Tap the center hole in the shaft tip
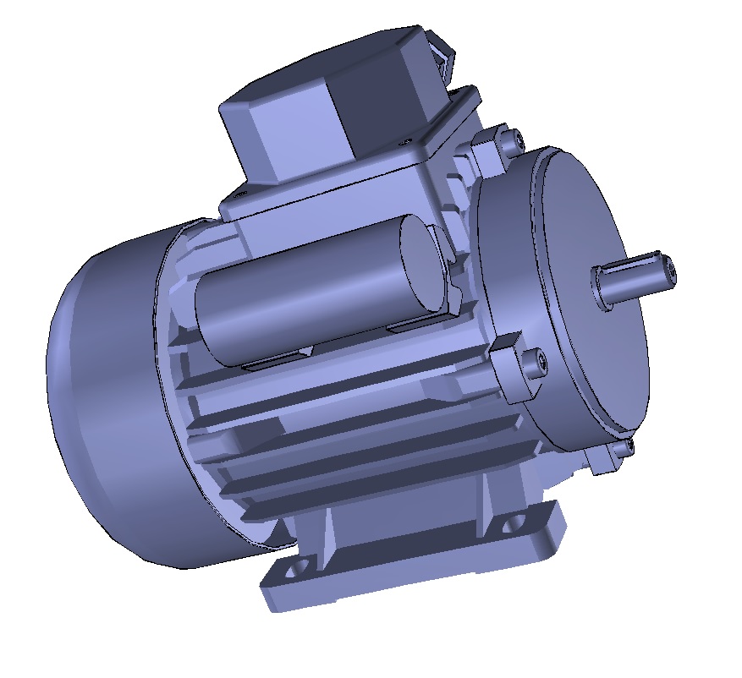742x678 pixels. pos(671,269)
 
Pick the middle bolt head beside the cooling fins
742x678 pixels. pos(535,363)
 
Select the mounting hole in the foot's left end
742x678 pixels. pos(296,569)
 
